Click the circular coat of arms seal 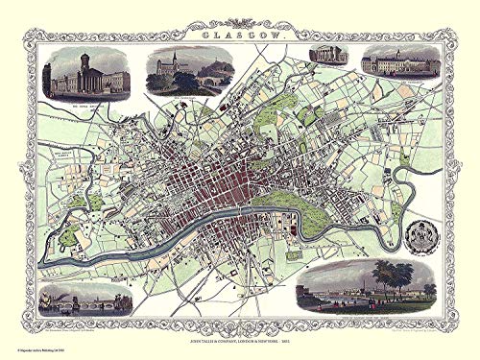[x=418, y=234]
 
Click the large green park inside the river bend [x=287, y=201]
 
